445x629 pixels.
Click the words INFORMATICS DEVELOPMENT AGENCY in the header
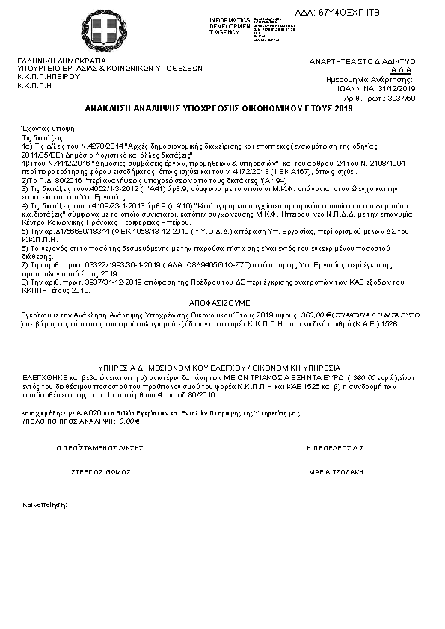[229, 25]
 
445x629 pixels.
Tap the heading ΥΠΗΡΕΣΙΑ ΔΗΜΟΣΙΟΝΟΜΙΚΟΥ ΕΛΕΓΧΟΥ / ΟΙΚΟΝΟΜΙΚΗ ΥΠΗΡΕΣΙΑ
[221, 368]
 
